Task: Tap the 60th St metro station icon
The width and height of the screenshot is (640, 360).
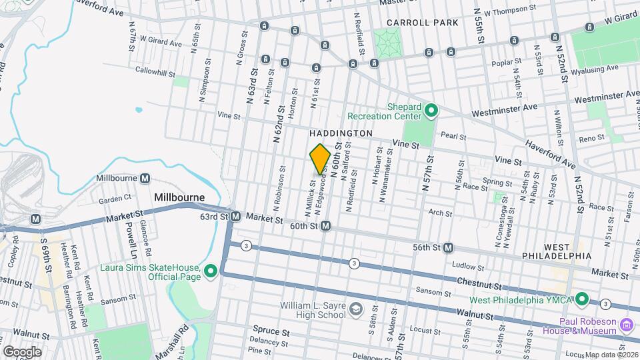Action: pos(326,227)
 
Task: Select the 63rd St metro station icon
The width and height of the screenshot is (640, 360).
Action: pos(236,217)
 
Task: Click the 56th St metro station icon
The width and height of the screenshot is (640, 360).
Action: pos(449,247)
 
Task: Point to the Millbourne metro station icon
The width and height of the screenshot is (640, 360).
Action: pos(145,178)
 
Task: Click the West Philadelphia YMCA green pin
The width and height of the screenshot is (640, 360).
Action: pos(581,299)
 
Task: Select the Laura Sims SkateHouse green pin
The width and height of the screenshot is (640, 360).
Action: pos(211,271)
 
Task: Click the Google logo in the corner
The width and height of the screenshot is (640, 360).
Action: pos(22,351)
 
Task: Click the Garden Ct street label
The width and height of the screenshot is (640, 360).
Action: pos(115,199)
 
